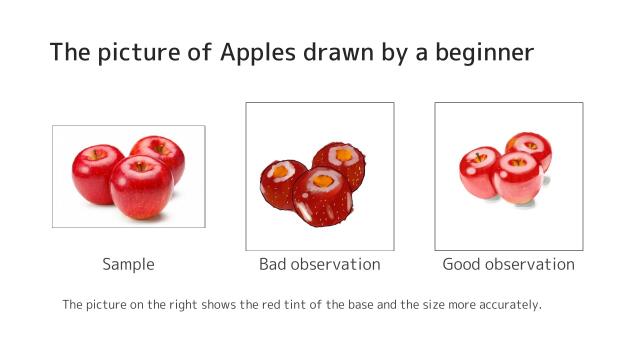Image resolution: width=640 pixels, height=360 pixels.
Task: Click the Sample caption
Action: [128, 265]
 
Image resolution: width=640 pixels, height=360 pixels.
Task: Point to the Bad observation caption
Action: [319, 265]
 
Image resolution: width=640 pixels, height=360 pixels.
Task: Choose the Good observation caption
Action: [508, 265]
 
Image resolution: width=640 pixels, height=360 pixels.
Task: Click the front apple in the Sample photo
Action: [140, 187]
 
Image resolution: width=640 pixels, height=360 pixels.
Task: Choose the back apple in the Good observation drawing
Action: [531, 148]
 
